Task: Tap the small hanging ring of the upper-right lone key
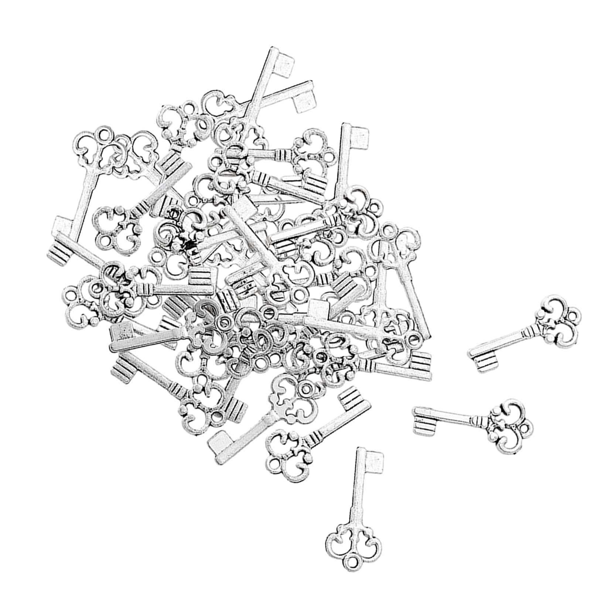click(573, 317)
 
